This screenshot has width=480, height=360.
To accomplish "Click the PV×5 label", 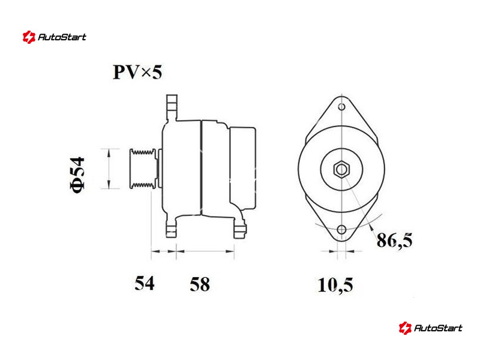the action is pos(137,72).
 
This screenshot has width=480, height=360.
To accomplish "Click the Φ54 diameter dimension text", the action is pos(78,175).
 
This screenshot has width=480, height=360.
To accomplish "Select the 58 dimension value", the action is pos(200,284).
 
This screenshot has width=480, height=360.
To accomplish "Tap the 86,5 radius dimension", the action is pos(395,241).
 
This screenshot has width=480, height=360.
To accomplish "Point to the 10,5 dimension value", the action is pos(335,285).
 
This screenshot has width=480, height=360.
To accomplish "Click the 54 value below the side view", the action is pos(145,283).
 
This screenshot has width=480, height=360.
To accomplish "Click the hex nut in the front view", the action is pos(341,169).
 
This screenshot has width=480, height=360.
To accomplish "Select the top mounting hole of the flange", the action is pos(341,107).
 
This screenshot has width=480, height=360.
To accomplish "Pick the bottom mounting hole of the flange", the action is pos(341,230).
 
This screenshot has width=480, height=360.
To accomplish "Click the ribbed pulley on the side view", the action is pos(143,169).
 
